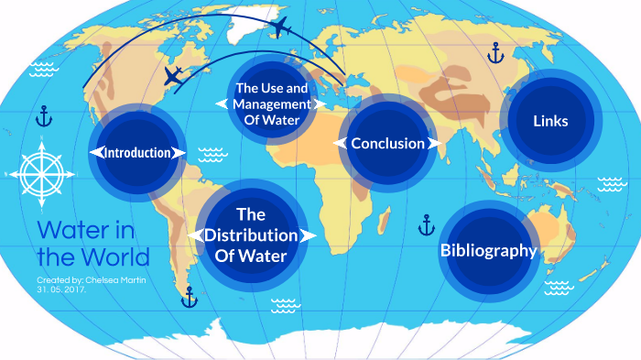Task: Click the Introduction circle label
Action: (137, 152)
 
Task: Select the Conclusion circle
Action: (387, 143)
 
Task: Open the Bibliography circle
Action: (488, 250)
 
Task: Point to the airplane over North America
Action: (173, 75)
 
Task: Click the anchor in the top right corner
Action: (495, 52)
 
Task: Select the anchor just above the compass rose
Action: (44, 115)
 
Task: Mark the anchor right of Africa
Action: (426, 224)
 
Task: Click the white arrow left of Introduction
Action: (93, 152)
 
